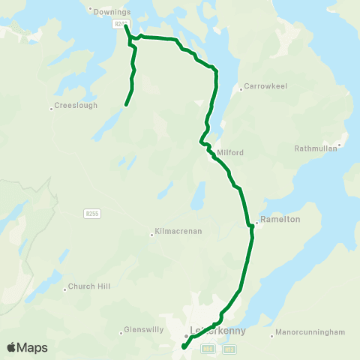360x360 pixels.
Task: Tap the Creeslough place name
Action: (x=76, y=106)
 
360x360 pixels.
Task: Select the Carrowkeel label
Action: (x=263, y=87)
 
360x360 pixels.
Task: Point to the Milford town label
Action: (x=230, y=152)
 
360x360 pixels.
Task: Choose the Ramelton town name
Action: (x=281, y=219)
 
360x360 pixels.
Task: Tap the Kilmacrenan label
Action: (x=178, y=231)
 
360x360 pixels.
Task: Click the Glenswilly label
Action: (x=144, y=331)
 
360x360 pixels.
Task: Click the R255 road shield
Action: (x=91, y=214)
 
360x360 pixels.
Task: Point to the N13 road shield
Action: (x=229, y=348)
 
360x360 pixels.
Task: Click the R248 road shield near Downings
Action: (x=120, y=24)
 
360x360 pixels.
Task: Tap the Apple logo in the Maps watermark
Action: (x=12, y=347)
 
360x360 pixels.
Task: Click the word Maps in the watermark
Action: (x=32, y=347)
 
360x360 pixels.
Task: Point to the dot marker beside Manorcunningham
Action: (x=271, y=335)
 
